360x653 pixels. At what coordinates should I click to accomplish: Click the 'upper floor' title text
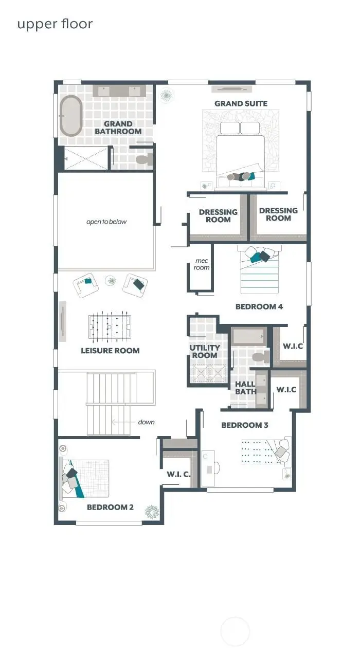(x=55, y=24)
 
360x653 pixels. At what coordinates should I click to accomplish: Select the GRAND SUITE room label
(x=241, y=103)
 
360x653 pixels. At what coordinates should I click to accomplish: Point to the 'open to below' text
(x=106, y=222)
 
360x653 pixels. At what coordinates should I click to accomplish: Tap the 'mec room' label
(x=201, y=264)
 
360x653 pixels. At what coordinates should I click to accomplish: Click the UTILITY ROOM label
(x=205, y=351)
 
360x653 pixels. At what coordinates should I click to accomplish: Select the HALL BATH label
(x=245, y=388)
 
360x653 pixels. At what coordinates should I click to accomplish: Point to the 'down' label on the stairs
(x=146, y=422)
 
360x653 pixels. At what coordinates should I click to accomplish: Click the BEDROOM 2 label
(x=110, y=507)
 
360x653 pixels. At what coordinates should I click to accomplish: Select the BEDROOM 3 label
(x=245, y=425)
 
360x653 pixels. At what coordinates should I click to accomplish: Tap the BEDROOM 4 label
(x=259, y=306)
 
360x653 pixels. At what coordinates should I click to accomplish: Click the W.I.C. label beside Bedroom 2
(x=178, y=474)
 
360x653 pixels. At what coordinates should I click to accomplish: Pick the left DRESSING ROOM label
(x=218, y=215)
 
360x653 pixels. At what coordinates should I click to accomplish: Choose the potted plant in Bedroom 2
(x=152, y=511)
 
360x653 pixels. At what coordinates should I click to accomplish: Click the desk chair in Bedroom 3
(x=217, y=468)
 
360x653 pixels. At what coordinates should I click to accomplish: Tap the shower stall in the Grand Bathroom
(x=85, y=158)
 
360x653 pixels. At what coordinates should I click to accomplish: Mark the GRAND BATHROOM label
(x=118, y=128)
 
